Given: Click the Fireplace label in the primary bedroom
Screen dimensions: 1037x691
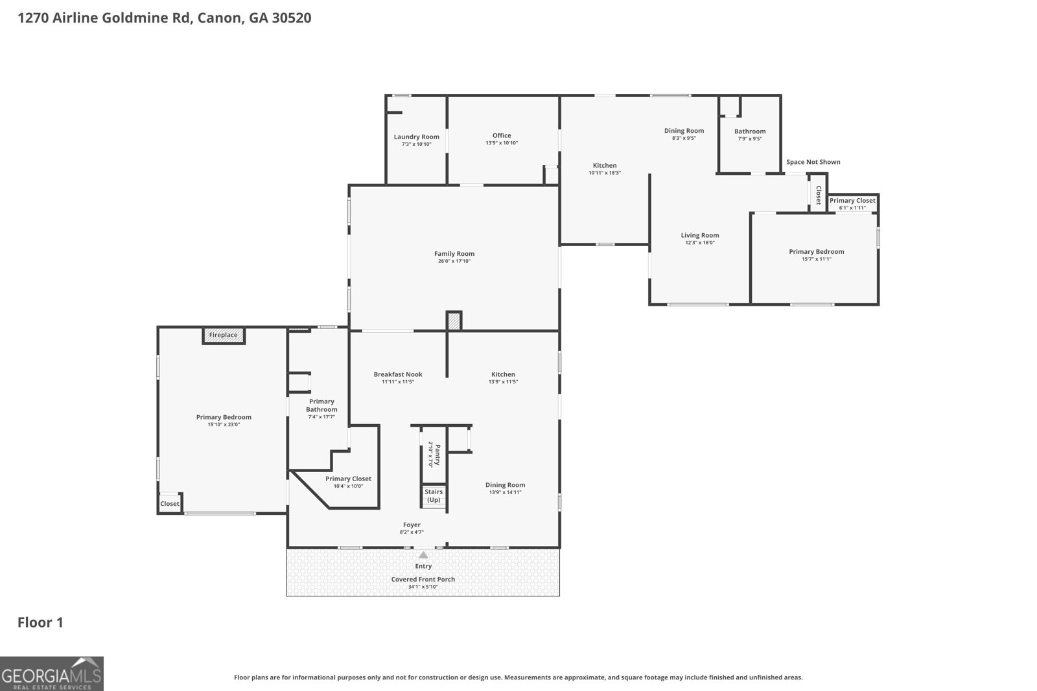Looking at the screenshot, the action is tap(223, 335).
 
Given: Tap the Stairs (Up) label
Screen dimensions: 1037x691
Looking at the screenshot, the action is tap(434, 496).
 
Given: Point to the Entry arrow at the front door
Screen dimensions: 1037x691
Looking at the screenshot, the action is tap(424, 555).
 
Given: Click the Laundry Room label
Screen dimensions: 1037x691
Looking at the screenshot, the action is tap(417, 137).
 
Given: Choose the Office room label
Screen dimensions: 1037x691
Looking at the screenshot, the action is tap(502, 135).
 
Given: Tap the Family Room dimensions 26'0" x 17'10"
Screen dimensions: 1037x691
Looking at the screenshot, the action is tap(454, 261).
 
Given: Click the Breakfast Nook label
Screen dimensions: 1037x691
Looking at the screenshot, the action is tap(398, 374).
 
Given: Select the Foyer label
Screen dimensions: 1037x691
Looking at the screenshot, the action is tap(412, 525).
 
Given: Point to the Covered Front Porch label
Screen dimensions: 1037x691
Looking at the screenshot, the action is tap(423, 579).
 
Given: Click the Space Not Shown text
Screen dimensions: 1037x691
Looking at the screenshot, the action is tap(813, 162).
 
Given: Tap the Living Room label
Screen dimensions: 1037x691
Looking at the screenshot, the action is tap(700, 236).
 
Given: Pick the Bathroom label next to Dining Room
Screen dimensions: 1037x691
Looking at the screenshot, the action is tap(750, 131).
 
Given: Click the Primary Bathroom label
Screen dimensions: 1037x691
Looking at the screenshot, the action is tap(321, 405).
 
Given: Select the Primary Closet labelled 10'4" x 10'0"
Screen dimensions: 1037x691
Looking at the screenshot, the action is tap(348, 479).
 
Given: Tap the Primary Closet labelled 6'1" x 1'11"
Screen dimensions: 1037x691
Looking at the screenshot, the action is tap(852, 200).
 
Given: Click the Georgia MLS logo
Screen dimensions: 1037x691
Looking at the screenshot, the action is tap(52, 674).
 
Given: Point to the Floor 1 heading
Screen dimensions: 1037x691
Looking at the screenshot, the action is tap(40, 622).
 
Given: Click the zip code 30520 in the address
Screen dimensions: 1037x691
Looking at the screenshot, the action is tap(292, 18).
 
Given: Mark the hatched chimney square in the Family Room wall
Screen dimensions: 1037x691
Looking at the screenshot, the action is tap(454, 321).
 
